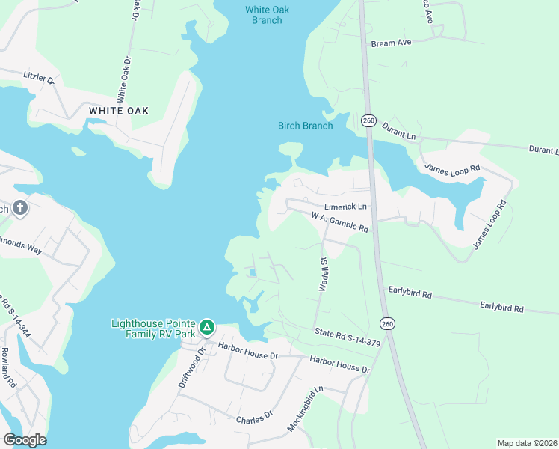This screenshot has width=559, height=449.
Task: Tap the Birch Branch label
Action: pos(305,126)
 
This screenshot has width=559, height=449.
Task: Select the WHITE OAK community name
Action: pos(119,111)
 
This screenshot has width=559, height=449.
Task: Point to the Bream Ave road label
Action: pos(392,43)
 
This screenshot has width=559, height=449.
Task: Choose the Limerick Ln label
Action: pos(346,207)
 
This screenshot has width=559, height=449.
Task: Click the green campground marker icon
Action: pos(207,327)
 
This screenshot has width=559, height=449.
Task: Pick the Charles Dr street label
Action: pos(254,415)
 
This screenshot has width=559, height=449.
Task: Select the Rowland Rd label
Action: pos(9,370)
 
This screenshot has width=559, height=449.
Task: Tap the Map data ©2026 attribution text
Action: pos(526,443)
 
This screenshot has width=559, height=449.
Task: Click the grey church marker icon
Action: pos(20,207)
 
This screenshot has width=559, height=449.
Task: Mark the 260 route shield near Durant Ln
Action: pos(368,120)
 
